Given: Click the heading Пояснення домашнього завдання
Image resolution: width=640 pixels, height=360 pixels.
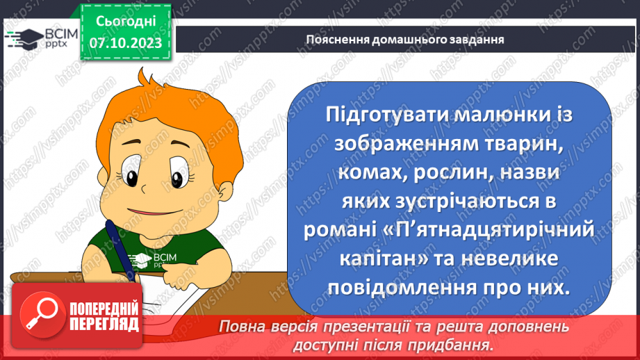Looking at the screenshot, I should [x=404, y=39].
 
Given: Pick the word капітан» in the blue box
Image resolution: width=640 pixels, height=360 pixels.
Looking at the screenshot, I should [x=383, y=259].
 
